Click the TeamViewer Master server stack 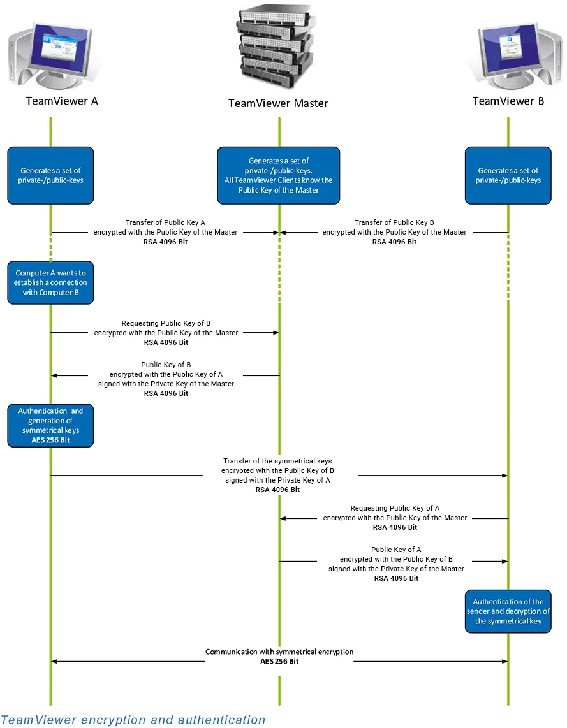(278, 47)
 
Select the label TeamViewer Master (278, 103)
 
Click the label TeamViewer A (62, 101)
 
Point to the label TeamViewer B (508, 101)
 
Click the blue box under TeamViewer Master (278, 175)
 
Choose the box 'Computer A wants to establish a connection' (51, 282)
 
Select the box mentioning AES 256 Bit (51, 426)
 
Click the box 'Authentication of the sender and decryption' (508, 611)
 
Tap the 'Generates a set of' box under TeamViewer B (508, 175)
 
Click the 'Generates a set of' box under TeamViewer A (51, 175)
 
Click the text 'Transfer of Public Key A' (166, 222)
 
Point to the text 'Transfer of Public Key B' (394, 222)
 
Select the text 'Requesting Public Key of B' (166, 323)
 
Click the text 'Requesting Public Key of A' (395, 508)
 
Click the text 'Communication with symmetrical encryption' (279, 652)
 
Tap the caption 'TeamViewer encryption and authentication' (133, 720)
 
